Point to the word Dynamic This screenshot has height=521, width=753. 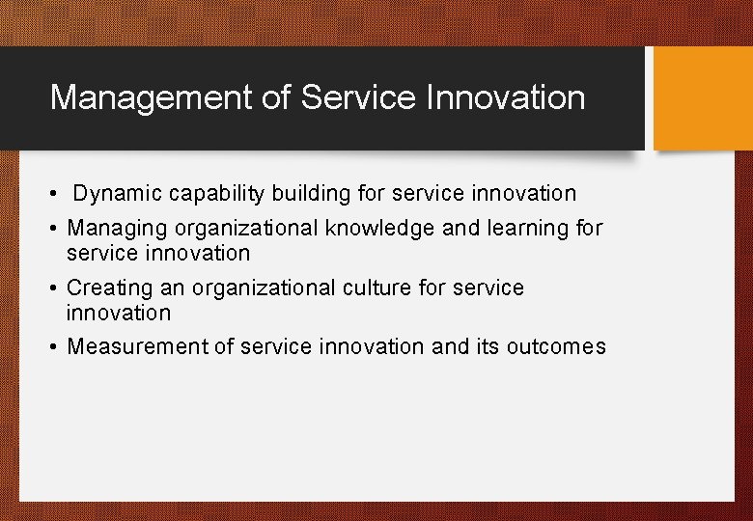coord(118,194)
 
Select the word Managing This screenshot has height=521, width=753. coord(112,229)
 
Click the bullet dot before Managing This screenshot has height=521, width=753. coord(55,230)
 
